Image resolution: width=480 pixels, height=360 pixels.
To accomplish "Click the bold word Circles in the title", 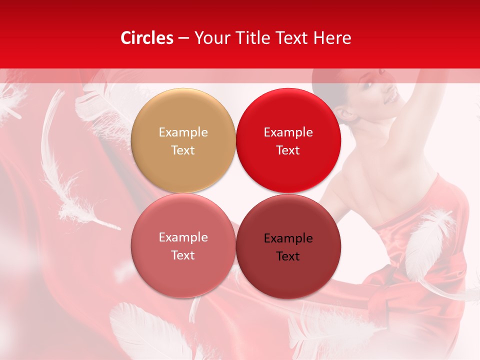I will [146, 38].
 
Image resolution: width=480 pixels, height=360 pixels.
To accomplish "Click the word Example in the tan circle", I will [183, 132].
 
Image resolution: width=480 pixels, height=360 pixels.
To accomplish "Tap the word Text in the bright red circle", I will [288, 150].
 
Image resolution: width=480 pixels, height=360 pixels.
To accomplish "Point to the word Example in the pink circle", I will [183, 237].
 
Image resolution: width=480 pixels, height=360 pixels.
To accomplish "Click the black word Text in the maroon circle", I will [288, 256].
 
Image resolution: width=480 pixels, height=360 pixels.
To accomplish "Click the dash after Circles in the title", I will [183, 38].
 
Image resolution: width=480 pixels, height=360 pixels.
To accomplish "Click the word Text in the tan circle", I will [183, 150].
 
